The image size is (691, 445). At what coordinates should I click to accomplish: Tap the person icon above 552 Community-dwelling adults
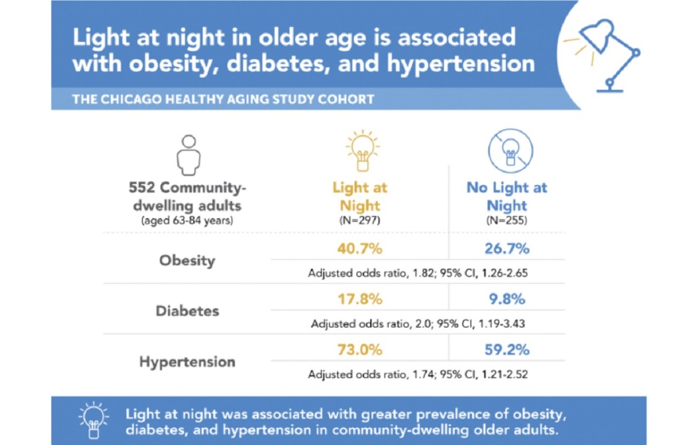[x=189, y=154]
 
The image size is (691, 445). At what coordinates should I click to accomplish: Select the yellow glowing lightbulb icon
[x=362, y=151]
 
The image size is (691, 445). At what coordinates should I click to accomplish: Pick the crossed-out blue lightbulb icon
[x=510, y=150]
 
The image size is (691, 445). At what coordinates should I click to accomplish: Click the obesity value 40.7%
[x=360, y=249]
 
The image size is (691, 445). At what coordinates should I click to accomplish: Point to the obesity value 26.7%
[x=506, y=249]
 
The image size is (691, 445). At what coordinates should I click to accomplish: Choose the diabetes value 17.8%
[x=360, y=299]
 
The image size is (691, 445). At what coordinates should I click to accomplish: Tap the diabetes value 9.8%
[x=506, y=299]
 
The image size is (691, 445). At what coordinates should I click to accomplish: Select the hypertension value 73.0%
[x=360, y=349]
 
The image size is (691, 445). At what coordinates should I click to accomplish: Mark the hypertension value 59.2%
[x=506, y=349]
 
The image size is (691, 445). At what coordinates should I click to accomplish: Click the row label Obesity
[x=187, y=260]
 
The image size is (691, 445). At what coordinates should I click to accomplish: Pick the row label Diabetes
[x=187, y=310]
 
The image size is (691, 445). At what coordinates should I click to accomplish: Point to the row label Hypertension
[x=187, y=362]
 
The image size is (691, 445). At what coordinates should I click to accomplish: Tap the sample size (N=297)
[x=360, y=219]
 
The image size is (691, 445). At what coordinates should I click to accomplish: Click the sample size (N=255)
[x=507, y=219]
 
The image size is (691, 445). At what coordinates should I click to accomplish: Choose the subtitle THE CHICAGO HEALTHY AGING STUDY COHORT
[x=223, y=99]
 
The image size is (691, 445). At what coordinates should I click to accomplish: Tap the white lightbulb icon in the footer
[x=93, y=419]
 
